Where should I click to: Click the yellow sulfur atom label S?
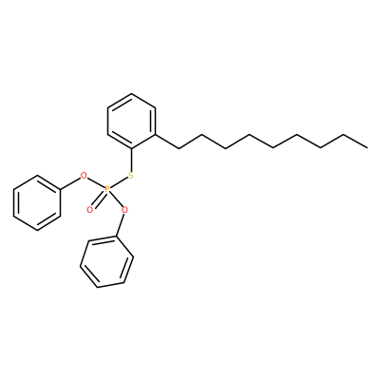[131, 176]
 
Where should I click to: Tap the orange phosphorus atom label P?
[107, 190]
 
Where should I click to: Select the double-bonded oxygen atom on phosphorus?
[90, 209]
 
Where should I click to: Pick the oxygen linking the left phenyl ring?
[84, 175]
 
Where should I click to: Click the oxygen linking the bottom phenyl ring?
[124, 209]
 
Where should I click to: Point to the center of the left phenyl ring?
[37, 203]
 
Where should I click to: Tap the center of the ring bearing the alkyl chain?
[131, 121]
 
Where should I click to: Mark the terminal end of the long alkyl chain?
[368, 147]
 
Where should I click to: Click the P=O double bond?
[99, 199]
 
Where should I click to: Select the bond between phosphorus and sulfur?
[119, 182]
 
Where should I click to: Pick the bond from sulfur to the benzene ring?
[131, 160]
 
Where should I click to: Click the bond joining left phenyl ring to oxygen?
[69, 183]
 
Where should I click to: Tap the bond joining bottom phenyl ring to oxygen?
[121, 225]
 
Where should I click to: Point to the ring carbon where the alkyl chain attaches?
[156, 135]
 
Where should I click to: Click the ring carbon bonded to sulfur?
[131, 148]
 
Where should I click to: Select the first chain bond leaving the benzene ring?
[167, 142]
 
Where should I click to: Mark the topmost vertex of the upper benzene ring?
[131, 93]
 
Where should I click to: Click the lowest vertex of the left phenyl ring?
[37, 230]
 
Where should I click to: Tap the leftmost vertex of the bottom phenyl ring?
[81, 266]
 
